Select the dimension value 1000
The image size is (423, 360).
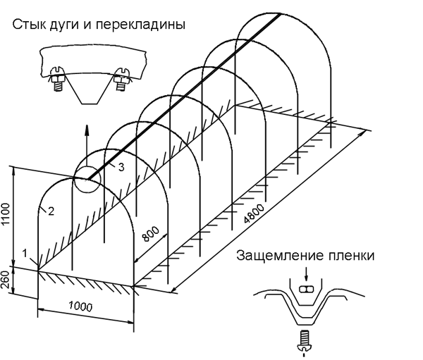pos(84,309)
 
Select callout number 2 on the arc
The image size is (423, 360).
pos(50,209)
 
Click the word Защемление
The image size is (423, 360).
pos(273,254)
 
